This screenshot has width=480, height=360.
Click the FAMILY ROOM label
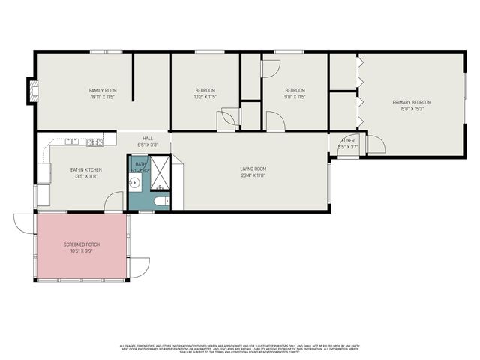pyautogui.click(x=103, y=90)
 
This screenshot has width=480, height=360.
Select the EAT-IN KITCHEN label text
pyautogui.click(x=86, y=170)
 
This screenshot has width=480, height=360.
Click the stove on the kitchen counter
pyautogui.click(x=94, y=141)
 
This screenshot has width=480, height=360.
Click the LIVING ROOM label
pyautogui.click(x=253, y=169)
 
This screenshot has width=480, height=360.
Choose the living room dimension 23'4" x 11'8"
pyautogui.click(x=253, y=175)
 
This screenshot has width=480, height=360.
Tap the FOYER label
pyautogui.click(x=347, y=140)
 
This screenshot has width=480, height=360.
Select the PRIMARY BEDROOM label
pyautogui.click(x=412, y=102)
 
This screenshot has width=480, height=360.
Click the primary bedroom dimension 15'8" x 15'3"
pyautogui.click(x=412, y=109)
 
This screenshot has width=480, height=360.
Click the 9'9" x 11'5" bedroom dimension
pyautogui.click(x=294, y=97)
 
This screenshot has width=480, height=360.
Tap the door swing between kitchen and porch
pyautogui.click(x=114, y=201)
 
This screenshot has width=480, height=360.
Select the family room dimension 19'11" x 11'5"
pyautogui.click(x=103, y=97)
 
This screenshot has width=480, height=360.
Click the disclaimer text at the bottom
pyautogui.click(x=240, y=348)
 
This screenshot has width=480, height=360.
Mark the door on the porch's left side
pyautogui.click(x=23, y=223)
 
